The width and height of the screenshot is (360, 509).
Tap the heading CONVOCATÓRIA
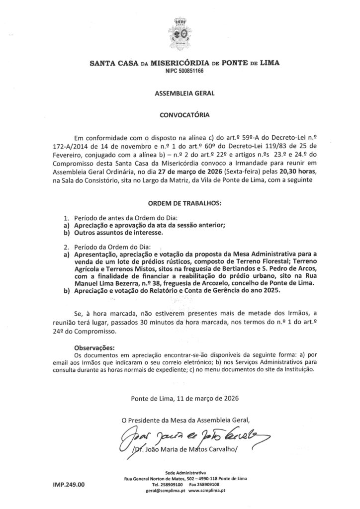tap(180, 114)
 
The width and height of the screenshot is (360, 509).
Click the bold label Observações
tap(94, 347)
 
